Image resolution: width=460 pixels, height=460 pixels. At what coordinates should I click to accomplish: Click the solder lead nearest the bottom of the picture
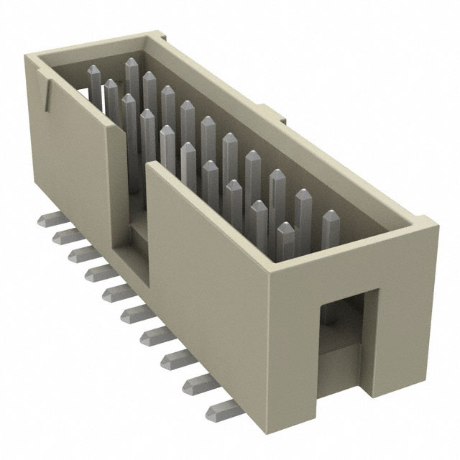(x=217, y=412)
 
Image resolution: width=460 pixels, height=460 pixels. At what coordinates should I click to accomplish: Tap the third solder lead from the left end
(x=77, y=253)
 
